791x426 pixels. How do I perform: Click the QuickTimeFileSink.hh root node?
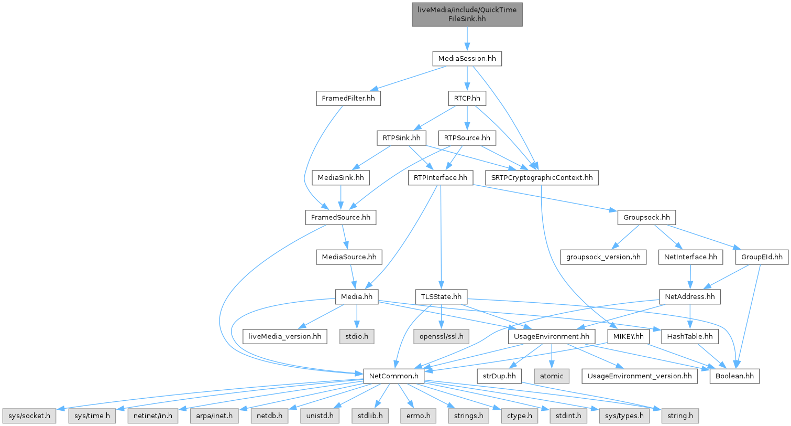(x=467, y=14)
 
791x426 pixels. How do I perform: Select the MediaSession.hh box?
(x=467, y=59)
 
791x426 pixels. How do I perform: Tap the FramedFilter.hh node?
(x=348, y=98)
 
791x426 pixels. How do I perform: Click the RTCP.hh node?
(x=467, y=98)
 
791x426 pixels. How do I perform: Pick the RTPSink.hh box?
(x=402, y=138)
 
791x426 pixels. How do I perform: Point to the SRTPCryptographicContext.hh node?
(x=542, y=178)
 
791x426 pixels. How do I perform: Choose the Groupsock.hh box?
(x=646, y=217)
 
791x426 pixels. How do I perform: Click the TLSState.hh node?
(x=441, y=297)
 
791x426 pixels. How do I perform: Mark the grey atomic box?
(x=551, y=376)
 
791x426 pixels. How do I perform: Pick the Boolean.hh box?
(x=734, y=376)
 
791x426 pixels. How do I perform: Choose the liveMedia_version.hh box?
(x=284, y=336)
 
